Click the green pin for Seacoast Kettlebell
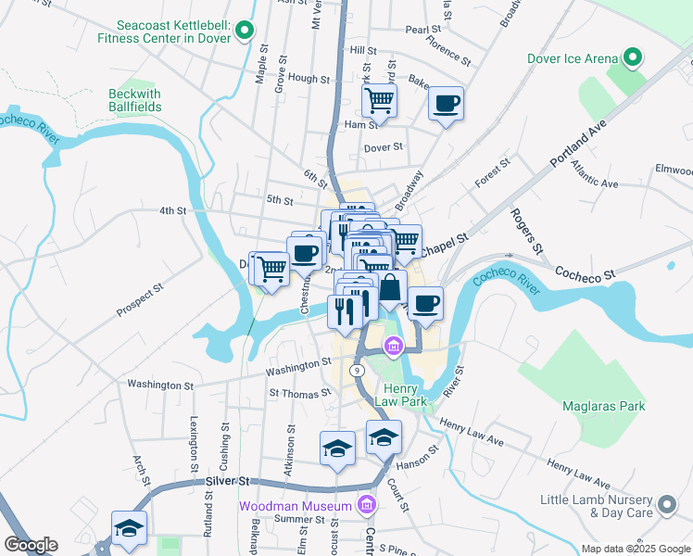click(244, 32)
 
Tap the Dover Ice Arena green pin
click(633, 58)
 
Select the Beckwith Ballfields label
click(135, 100)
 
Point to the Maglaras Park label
click(603, 406)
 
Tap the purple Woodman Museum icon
click(367, 506)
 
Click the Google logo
click(31, 545)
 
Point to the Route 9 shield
click(356, 369)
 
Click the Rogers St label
click(523, 232)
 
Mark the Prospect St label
click(140, 300)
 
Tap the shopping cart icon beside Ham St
click(379, 99)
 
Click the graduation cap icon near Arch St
click(129, 528)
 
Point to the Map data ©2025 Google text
click(636, 549)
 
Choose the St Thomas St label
click(299, 393)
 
